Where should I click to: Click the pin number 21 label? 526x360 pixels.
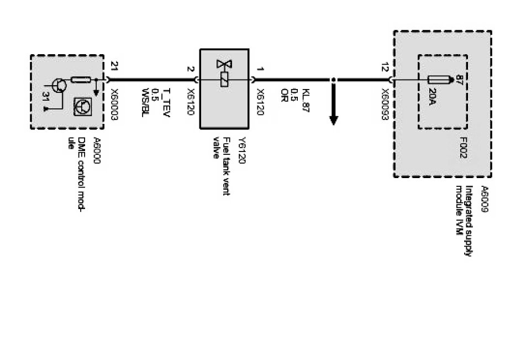[114, 69]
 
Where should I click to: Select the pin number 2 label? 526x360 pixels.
[191, 70]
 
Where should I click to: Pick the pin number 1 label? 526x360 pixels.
[260, 70]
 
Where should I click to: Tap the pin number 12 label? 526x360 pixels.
[385, 69]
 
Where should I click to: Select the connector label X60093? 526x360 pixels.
[385, 102]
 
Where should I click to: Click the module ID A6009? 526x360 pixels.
[485, 195]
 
